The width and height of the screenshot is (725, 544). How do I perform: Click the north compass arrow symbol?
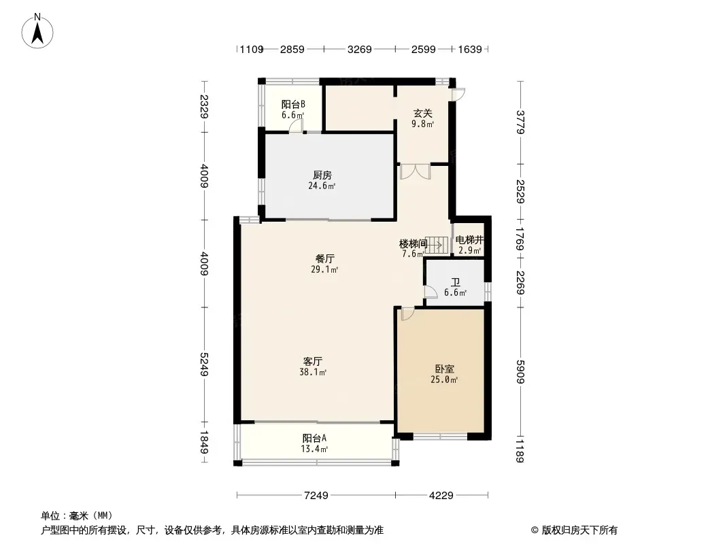click(37, 31)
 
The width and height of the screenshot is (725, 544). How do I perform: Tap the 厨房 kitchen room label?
click(322, 175)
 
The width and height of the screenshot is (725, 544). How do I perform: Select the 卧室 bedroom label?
click(444, 369)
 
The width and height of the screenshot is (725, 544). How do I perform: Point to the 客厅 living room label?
click(313, 361)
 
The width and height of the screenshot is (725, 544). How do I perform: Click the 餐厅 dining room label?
click(325, 258)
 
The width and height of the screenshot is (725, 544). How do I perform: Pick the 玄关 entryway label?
click(422, 114)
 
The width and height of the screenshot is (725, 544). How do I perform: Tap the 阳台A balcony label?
click(314, 438)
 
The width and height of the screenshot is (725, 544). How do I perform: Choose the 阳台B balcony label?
click(293, 105)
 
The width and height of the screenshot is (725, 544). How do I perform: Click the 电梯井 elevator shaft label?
click(469, 239)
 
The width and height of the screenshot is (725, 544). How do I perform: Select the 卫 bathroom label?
click(456, 282)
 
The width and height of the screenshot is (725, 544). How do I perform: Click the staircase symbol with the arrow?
click(437, 245)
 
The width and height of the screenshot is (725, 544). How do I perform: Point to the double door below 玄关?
click(416, 171)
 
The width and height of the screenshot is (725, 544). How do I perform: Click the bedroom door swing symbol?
click(407, 314)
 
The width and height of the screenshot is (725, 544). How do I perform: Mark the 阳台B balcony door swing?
click(296, 126)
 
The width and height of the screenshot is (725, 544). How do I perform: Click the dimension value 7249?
click(316, 496)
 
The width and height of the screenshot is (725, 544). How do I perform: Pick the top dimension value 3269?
click(359, 49)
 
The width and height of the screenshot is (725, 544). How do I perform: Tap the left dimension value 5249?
click(204, 364)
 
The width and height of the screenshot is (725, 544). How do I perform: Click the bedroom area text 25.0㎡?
click(444, 380)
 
